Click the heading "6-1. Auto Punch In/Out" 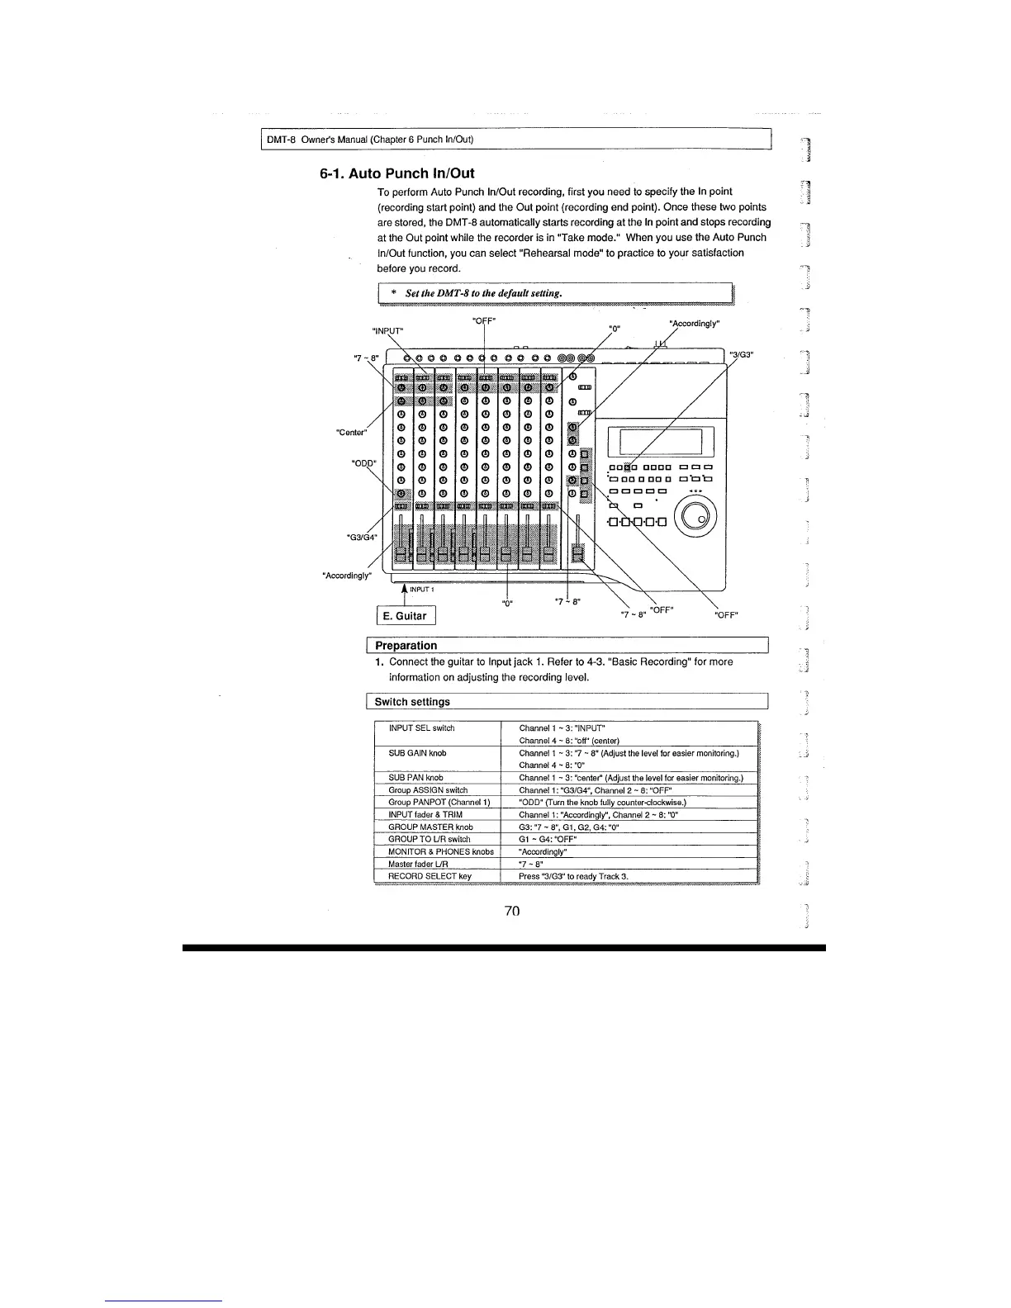coord(396,173)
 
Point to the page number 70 coord(511,911)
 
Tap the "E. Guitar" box coord(405,616)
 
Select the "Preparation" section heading coord(406,646)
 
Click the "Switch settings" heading coord(412,702)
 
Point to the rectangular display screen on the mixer coord(655,442)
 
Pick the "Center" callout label coord(350,432)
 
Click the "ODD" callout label coord(363,462)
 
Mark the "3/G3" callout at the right coord(745,355)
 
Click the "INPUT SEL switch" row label coord(421,728)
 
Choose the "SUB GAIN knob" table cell coord(415,753)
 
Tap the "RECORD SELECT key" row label coord(430,876)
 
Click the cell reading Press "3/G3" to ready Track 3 coord(573,876)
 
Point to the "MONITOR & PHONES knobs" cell coord(440,851)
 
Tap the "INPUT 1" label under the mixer coord(422,590)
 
